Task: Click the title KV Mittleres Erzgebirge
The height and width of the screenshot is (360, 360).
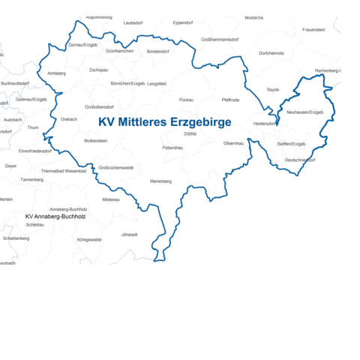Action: pos(164,121)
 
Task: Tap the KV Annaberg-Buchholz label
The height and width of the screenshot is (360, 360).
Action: pos(55,216)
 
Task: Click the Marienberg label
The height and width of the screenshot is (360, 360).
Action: pos(160,181)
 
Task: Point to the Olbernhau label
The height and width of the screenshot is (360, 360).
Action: pos(233,142)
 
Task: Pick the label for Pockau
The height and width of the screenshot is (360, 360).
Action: pos(187,99)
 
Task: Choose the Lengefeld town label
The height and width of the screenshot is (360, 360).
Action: pos(157,84)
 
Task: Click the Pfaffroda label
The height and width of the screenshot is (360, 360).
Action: pos(230,99)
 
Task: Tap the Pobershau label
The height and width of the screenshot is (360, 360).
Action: pos(172,148)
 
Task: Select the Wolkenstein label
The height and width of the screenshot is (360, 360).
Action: pos(96,140)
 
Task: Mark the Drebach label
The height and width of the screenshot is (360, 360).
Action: pos(69,118)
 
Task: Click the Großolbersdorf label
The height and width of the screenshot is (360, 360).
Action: pos(100,106)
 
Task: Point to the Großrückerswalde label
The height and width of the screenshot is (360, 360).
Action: pos(116,167)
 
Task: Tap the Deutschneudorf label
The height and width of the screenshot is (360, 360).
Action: pos(300,160)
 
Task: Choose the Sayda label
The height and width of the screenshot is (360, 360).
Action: pos(272,89)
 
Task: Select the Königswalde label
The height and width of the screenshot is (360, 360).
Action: pos(89,239)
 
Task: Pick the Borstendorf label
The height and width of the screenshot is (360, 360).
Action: pos(157,51)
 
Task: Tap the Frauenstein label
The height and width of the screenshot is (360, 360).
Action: pos(313,29)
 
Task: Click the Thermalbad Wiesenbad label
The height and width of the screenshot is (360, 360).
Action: pos(64,170)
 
